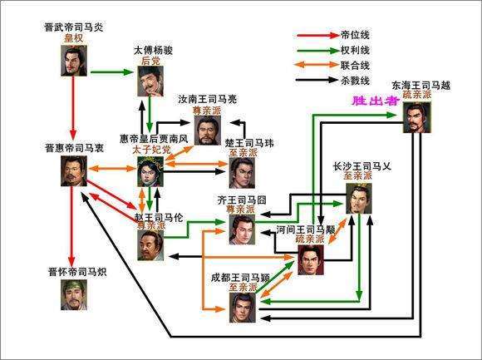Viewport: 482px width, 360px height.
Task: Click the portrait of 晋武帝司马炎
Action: click(75, 58)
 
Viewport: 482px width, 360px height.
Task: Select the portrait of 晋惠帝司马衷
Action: click(75, 171)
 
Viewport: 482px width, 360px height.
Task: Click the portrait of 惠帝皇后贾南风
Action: click(150, 170)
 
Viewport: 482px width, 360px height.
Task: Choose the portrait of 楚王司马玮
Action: click(242, 171)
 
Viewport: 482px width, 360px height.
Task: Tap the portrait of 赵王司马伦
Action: click(150, 244)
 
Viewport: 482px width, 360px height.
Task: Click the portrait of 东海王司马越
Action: click(417, 116)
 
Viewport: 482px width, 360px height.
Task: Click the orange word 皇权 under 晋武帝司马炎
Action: click(74, 38)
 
